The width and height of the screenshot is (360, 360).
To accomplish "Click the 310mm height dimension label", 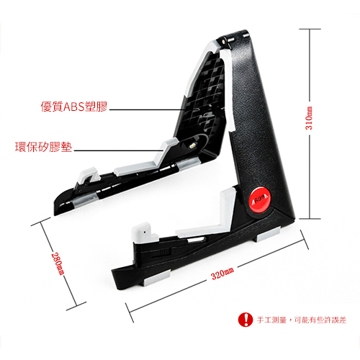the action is pos(309,118).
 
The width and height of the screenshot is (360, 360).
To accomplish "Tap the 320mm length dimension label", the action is pos(222,274).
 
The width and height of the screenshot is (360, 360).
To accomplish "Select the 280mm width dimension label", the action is pos(58,264).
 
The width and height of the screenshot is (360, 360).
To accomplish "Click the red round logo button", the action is pos(260,199).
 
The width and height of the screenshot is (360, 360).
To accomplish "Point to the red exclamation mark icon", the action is pos(246,320).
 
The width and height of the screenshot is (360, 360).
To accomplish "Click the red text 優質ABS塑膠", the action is pos(74,107).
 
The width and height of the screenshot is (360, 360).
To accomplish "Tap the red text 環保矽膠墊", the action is pos(44,147).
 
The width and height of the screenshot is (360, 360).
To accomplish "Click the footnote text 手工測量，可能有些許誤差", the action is pos(302,320).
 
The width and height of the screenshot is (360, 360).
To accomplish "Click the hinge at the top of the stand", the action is pos(225,41).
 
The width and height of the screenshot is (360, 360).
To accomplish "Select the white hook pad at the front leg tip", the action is pos(143,232).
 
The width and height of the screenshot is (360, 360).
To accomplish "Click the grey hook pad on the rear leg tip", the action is pos(89,175).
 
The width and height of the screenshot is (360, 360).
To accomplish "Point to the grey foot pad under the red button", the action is pos(269,234).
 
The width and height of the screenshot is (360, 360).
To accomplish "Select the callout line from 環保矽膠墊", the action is pos(119,150).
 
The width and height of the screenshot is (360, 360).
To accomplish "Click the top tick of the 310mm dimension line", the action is pos(310,29).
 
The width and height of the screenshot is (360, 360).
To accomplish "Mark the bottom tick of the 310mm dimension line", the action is pos(310,219).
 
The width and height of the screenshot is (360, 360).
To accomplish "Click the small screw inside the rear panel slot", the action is pos(192,145).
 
